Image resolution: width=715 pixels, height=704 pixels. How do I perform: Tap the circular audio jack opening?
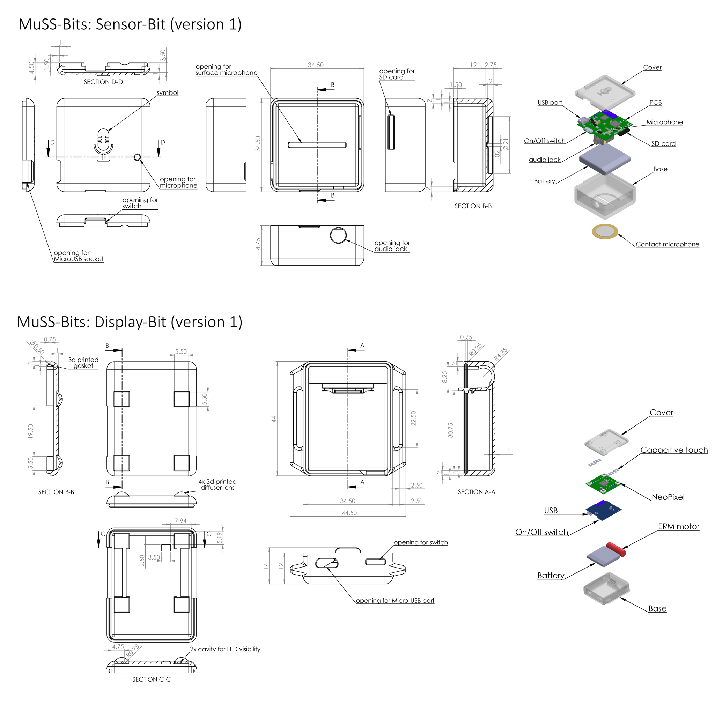[338, 235]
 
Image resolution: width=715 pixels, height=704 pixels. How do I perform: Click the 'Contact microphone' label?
[667, 244]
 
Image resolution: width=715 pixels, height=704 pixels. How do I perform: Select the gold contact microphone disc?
[604, 231]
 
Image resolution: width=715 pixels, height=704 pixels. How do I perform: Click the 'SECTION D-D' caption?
[103, 82]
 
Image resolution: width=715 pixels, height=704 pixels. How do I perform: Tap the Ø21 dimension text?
[506, 144]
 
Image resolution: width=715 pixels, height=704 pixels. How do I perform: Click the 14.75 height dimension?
[258, 245]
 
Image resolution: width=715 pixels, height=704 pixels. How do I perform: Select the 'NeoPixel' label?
[668, 497]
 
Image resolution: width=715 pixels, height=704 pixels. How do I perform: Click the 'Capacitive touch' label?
[674, 450]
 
